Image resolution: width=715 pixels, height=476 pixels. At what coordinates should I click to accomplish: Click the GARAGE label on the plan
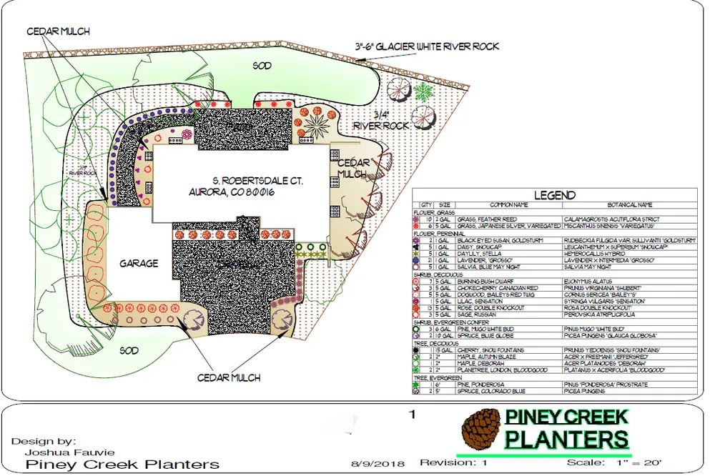pos(139,264)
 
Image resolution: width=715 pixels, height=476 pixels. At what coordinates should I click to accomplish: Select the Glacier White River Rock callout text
pos(427,47)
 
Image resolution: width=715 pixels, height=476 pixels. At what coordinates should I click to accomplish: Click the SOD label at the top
pos(262,66)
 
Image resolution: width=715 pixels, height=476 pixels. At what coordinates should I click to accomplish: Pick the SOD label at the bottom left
pos(128,351)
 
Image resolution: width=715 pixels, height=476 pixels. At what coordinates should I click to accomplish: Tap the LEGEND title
pos(554,195)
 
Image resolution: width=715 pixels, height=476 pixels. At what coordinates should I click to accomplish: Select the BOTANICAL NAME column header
pos(629,205)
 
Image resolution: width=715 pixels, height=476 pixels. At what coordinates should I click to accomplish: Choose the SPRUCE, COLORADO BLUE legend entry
pos(491,391)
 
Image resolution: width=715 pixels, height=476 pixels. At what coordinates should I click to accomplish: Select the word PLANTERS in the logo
pos(567,438)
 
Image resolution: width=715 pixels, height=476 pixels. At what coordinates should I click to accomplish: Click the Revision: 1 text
pos(453,463)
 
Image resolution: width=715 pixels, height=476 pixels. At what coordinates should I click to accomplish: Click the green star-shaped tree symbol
pos(424,91)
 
